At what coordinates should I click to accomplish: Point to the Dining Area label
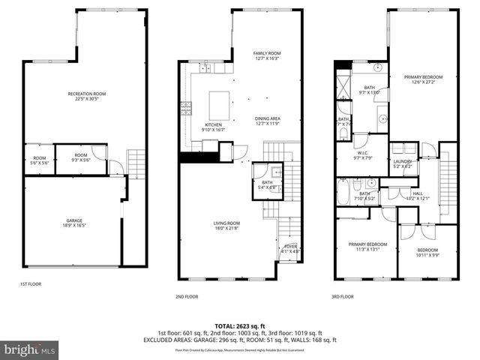267,121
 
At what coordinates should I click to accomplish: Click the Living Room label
227,225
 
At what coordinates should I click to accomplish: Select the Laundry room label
402,163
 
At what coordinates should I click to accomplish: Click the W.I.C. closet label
362,155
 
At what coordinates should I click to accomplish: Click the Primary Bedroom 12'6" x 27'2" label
423,79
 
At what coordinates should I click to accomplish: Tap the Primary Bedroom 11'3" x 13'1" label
366,247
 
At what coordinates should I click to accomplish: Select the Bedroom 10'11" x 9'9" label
427,253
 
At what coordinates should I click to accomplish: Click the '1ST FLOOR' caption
31,285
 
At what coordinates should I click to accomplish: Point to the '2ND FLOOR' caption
187,296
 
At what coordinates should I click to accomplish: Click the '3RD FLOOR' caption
342,296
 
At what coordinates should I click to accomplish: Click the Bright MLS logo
30,349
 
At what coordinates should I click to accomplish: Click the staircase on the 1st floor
135,160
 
